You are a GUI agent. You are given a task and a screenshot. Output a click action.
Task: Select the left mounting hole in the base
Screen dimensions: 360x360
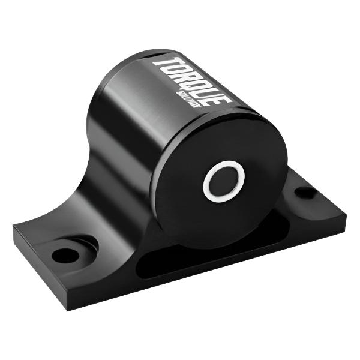click(65, 254)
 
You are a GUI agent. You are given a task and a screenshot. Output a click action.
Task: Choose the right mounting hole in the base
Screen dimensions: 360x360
click(305, 193)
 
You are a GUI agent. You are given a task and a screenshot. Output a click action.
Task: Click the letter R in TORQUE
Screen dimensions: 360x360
click(184, 76)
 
